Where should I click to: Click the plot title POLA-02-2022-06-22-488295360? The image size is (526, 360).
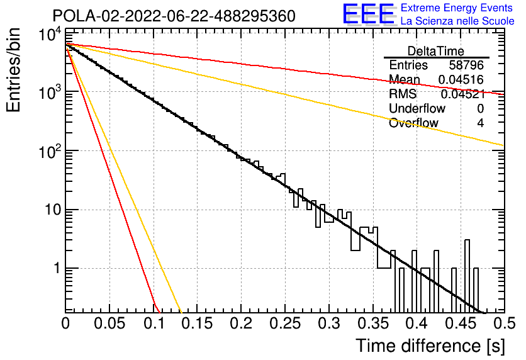pyautogui.click(x=174, y=16)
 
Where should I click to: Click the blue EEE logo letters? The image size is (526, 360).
pyautogui.click(x=368, y=14)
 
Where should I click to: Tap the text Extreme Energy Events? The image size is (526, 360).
pyautogui.click(x=457, y=8)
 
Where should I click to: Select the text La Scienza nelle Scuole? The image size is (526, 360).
pyautogui.click(x=457, y=21)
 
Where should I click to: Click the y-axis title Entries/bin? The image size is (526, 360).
pyautogui.click(x=13, y=70)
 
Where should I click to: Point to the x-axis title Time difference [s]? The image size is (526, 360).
pyautogui.click(x=430, y=346)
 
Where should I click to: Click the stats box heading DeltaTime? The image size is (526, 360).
pyautogui.click(x=436, y=52)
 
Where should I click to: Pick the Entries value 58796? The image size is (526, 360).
pyautogui.click(x=466, y=65)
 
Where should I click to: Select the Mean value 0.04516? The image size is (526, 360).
pyautogui.click(x=461, y=80)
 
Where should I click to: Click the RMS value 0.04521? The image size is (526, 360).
pyautogui.click(x=462, y=94)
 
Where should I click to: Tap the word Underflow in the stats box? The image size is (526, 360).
pyautogui.click(x=417, y=109)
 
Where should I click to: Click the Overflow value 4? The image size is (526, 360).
pyautogui.click(x=480, y=123)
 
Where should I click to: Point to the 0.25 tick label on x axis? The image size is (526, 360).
pyautogui.click(x=284, y=323)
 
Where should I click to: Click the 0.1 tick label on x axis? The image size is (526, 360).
pyautogui.click(x=155, y=323)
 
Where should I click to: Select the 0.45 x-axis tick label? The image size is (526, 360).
pyautogui.click(x=461, y=323)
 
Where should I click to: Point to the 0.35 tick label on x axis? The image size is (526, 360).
pyautogui.click(x=372, y=323)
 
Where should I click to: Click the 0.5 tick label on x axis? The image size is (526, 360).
pyautogui.click(x=505, y=323)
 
